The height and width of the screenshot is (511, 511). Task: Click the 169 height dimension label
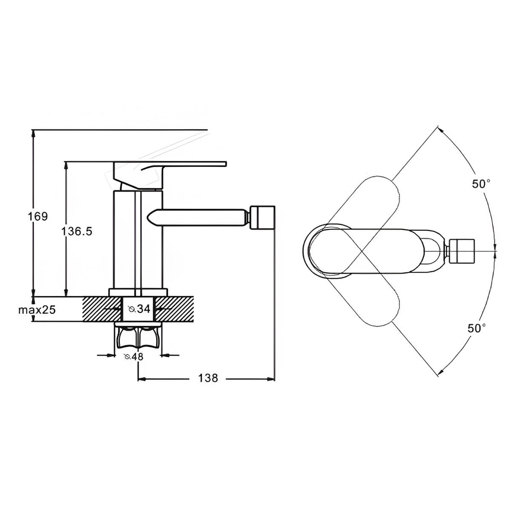pos(38,216)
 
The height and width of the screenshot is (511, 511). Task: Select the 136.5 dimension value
pos(77,231)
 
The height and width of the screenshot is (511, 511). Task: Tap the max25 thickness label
pos(37,310)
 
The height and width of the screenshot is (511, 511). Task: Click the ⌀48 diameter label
pos(134,357)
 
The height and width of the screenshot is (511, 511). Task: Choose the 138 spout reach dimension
pos(208,378)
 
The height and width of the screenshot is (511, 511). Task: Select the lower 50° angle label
pos(477,328)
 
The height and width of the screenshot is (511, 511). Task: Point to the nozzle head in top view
pos(462,251)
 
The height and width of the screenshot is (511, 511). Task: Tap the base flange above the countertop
pos(138,293)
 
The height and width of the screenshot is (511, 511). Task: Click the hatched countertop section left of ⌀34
pos(102,309)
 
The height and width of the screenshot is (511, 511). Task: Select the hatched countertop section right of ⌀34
pos(174,309)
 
